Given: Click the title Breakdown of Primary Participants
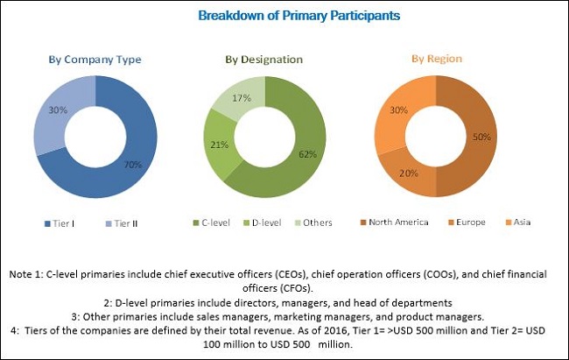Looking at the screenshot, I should click(284, 15).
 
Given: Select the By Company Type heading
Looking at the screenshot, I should click(94, 60).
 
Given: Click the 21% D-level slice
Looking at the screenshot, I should click(220, 145).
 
